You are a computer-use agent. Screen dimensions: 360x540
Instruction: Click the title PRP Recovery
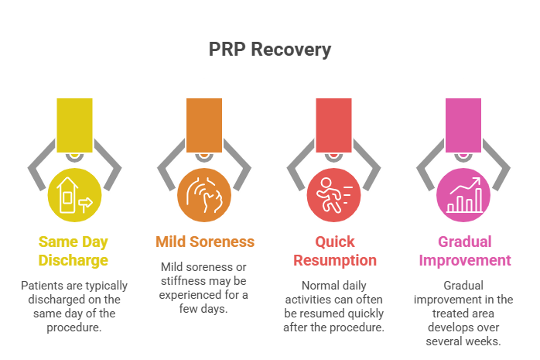coord(269,50)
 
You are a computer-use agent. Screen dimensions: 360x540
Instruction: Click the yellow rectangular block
coord(74,125)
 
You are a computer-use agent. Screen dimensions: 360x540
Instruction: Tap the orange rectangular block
coord(204,125)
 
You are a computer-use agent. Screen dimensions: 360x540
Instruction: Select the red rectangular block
coord(334,125)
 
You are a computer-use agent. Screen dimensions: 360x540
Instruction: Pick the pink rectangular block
coord(464,125)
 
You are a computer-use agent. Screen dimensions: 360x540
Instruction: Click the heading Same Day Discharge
coord(74,250)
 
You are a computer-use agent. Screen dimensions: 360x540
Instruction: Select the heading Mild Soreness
coord(204,242)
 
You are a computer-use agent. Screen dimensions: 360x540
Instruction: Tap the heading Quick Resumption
coord(334,250)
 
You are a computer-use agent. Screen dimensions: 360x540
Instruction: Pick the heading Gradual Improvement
coord(464,250)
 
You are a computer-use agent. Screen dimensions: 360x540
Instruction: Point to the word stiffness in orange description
coord(186,280)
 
